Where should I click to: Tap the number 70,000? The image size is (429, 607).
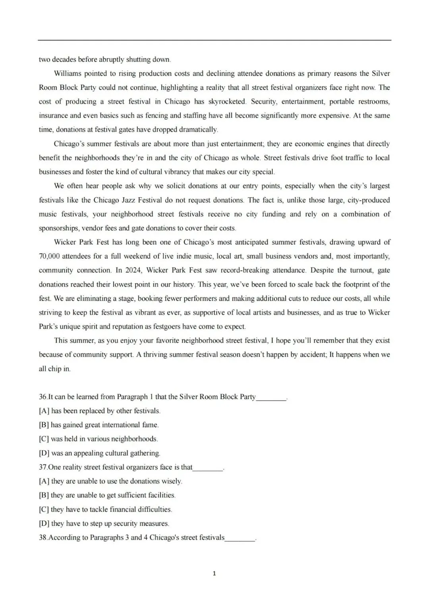click(49, 256)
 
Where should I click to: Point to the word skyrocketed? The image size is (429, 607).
click(227, 102)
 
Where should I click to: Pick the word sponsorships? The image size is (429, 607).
click(59, 228)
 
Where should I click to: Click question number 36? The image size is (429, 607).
click(43, 397)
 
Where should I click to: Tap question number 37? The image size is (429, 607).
click(43, 467)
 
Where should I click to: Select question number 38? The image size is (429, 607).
click(43, 537)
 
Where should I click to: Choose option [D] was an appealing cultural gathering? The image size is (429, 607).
click(99, 453)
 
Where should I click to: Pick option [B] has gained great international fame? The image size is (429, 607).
click(99, 425)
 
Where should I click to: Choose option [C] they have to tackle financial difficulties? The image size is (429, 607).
click(105, 509)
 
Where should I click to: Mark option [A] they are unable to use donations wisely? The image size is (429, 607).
click(110, 481)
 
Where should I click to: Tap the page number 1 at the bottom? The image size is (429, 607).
click(214, 573)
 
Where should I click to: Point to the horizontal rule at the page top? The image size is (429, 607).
click(214, 40)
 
